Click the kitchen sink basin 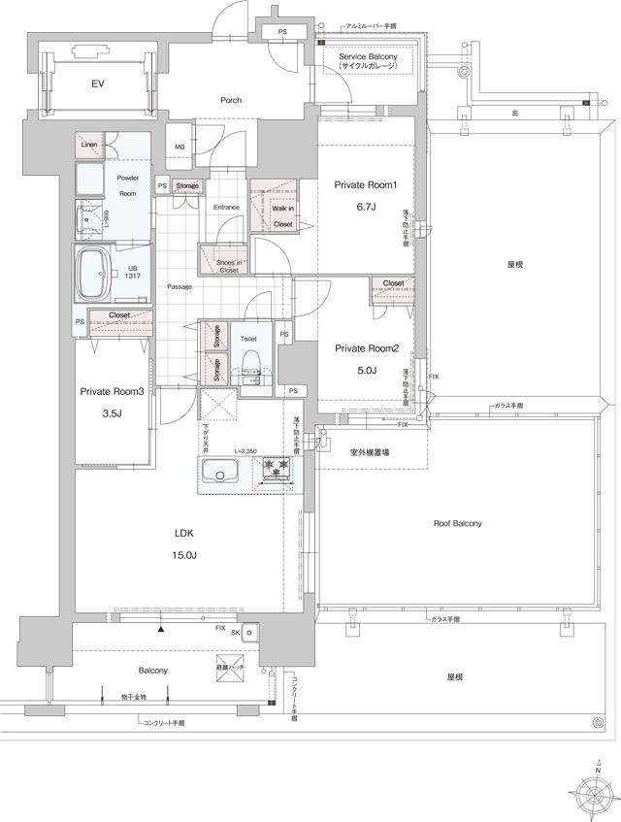(x=222, y=473)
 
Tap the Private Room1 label (x=366, y=184)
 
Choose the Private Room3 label (x=111, y=392)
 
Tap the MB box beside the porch (x=180, y=147)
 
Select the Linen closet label (x=88, y=145)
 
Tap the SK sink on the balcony (x=249, y=634)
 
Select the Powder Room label (x=128, y=185)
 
